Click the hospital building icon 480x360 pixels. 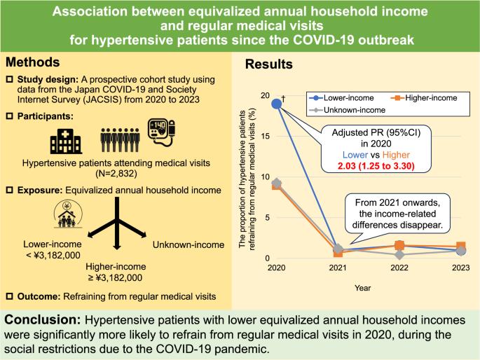(x=66, y=141)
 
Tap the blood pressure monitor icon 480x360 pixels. (x=161, y=132)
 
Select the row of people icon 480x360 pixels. (x=121, y=140)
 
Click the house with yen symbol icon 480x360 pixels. (x=68, y=215)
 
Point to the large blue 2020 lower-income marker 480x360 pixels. (x=276, y=104)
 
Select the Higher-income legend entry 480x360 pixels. (x=424, y=98)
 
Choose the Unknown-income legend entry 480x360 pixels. (x=348, y=110)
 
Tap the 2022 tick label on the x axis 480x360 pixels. (x=399, y=268)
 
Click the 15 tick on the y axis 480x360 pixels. (x=266, y=136)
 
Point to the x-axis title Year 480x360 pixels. (x=363, y=288)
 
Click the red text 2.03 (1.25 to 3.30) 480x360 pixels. (x=376, y=166)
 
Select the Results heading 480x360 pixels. (x=269, y=64)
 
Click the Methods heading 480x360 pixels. (x=33, y=62)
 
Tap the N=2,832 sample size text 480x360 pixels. (x=116, y=174)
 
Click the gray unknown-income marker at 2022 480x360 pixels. (x=399, y=254)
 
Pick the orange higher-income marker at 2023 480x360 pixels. (x=460, y=246)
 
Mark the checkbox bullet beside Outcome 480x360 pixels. (x=10, y=296)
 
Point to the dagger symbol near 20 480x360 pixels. (x=284, y=99)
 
